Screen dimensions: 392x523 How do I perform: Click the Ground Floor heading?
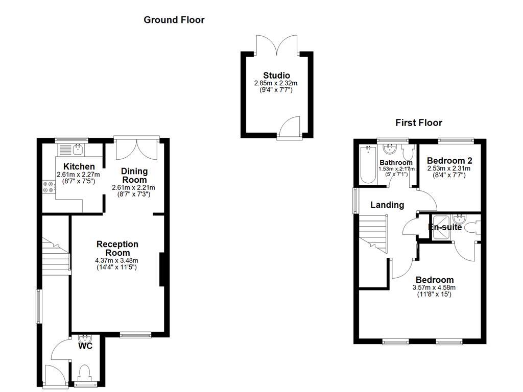[x=174, y=20]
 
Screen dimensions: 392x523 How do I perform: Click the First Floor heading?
[x=418, y=122]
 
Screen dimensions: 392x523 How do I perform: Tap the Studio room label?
[x=276, y=76]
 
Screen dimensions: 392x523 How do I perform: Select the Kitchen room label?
[x=79, y=166]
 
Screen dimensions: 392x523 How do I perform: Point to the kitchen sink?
[x=78, y=150]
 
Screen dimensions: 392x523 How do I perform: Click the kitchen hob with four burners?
[x=49, y=188]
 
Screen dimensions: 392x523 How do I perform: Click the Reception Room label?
[x=117, y=249]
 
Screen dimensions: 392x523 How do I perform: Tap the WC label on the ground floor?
[x=85, y=347]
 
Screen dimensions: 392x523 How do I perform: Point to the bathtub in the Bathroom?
[x=367, y=165]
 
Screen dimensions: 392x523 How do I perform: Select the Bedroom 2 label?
[x=449, y=160]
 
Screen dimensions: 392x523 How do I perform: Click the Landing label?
[x=387, y=205]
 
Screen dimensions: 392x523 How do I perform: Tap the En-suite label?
[x=444, y=227]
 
